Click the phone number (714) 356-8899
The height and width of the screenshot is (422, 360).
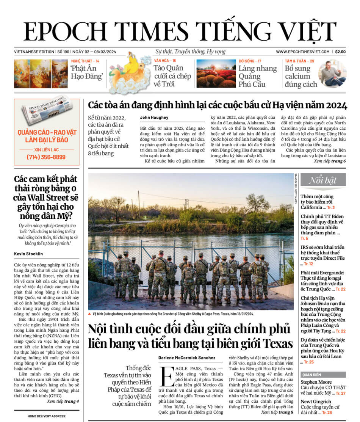pos(46,157)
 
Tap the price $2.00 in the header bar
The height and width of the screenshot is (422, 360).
pos(340,52)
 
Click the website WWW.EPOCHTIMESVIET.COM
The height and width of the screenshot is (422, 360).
pos(302,52)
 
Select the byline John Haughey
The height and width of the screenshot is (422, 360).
pos(154,118)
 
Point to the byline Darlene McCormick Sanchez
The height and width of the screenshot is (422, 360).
pos(187,358)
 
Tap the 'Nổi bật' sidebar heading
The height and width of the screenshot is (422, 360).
pos(323,180)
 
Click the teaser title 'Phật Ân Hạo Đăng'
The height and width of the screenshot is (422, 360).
pos(84,72)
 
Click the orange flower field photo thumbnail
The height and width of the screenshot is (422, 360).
pos(216,74)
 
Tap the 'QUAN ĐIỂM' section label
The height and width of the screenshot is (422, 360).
pos(312,374)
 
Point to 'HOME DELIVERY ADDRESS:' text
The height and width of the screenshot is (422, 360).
pos(47,416)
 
